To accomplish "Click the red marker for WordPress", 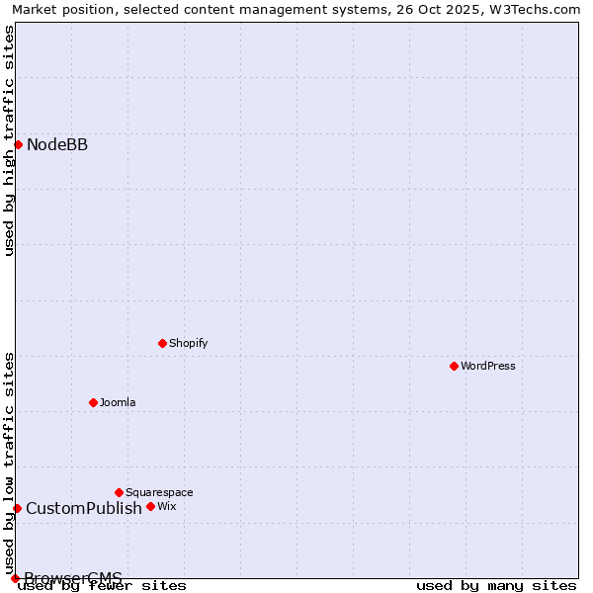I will (454, 366).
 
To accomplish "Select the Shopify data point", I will (162, 343).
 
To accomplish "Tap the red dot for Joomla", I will (93, 402).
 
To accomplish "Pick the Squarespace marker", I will (119, 492).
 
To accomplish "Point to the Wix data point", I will (150, 506).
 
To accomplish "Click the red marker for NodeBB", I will (18, 144).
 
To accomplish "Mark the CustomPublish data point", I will (17, 508).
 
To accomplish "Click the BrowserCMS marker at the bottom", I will (15, 578).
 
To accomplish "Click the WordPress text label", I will (488, 366).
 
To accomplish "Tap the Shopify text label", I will (188, 343).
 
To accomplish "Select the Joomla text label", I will (118, 402).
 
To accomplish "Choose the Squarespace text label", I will (159, 492).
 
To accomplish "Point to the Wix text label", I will (166, 506).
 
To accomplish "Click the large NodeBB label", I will (57, 145).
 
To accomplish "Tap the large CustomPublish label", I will (84, 509).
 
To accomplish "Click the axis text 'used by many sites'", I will (496, 585).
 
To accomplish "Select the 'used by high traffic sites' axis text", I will (9, 140).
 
